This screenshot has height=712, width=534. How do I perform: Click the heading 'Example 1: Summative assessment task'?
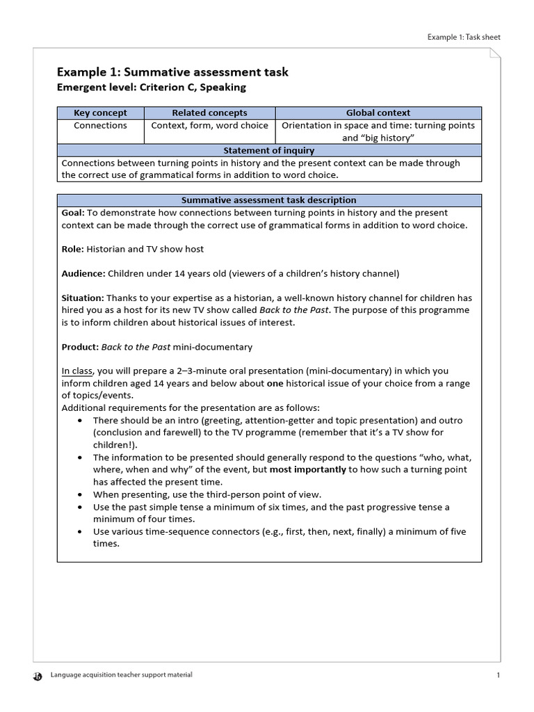[172, 72]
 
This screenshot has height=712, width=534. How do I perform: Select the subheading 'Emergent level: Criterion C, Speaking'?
[151, 88]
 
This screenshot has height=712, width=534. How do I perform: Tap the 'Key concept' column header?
[100, 113]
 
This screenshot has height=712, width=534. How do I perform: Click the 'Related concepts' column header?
[209, 113]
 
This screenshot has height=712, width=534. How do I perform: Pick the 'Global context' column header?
[378, 113]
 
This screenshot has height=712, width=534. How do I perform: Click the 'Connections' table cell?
[100, 126]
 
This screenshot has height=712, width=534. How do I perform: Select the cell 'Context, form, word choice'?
[209, 126]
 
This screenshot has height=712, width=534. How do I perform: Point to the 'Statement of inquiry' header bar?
[268, 150]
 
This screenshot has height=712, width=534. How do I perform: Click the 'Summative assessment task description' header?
[268, 200]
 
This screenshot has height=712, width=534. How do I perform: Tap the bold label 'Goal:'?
[73, 213]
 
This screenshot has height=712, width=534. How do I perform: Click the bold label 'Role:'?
[72, 249]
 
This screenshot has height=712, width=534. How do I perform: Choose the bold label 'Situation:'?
[83, 298]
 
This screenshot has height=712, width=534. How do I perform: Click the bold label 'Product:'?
[80, 347]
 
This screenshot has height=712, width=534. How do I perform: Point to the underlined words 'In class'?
[77, 371]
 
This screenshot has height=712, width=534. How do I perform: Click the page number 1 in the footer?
[499, 675]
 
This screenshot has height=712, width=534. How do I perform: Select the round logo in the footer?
[38, 675]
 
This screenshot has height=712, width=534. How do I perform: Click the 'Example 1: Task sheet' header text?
[463, 37]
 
